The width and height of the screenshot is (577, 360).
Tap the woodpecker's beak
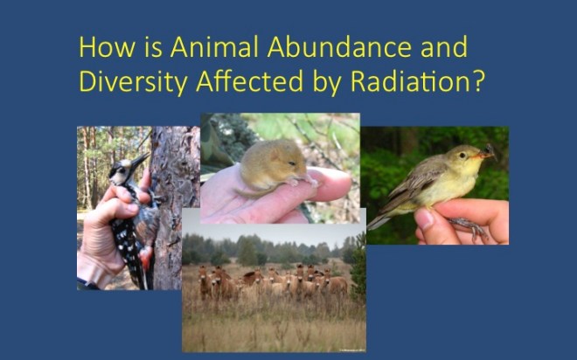click(140, 162)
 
